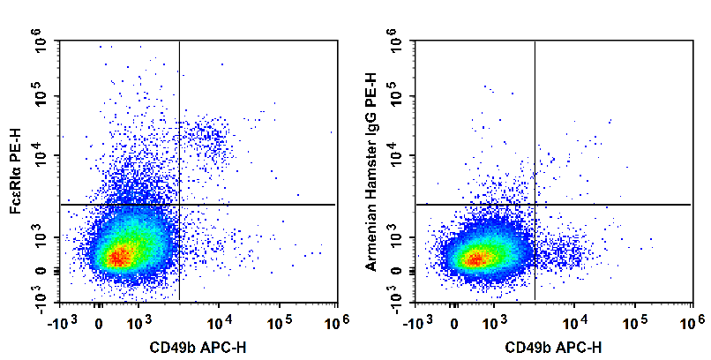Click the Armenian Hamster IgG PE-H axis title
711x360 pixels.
(371, 172)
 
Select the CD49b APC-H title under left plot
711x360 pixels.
(195, 347)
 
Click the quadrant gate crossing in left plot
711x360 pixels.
(179, 205)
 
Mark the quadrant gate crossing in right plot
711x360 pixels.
(535, 205)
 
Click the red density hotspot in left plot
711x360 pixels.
(121, 258)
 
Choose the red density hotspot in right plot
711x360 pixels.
(476, 259)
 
